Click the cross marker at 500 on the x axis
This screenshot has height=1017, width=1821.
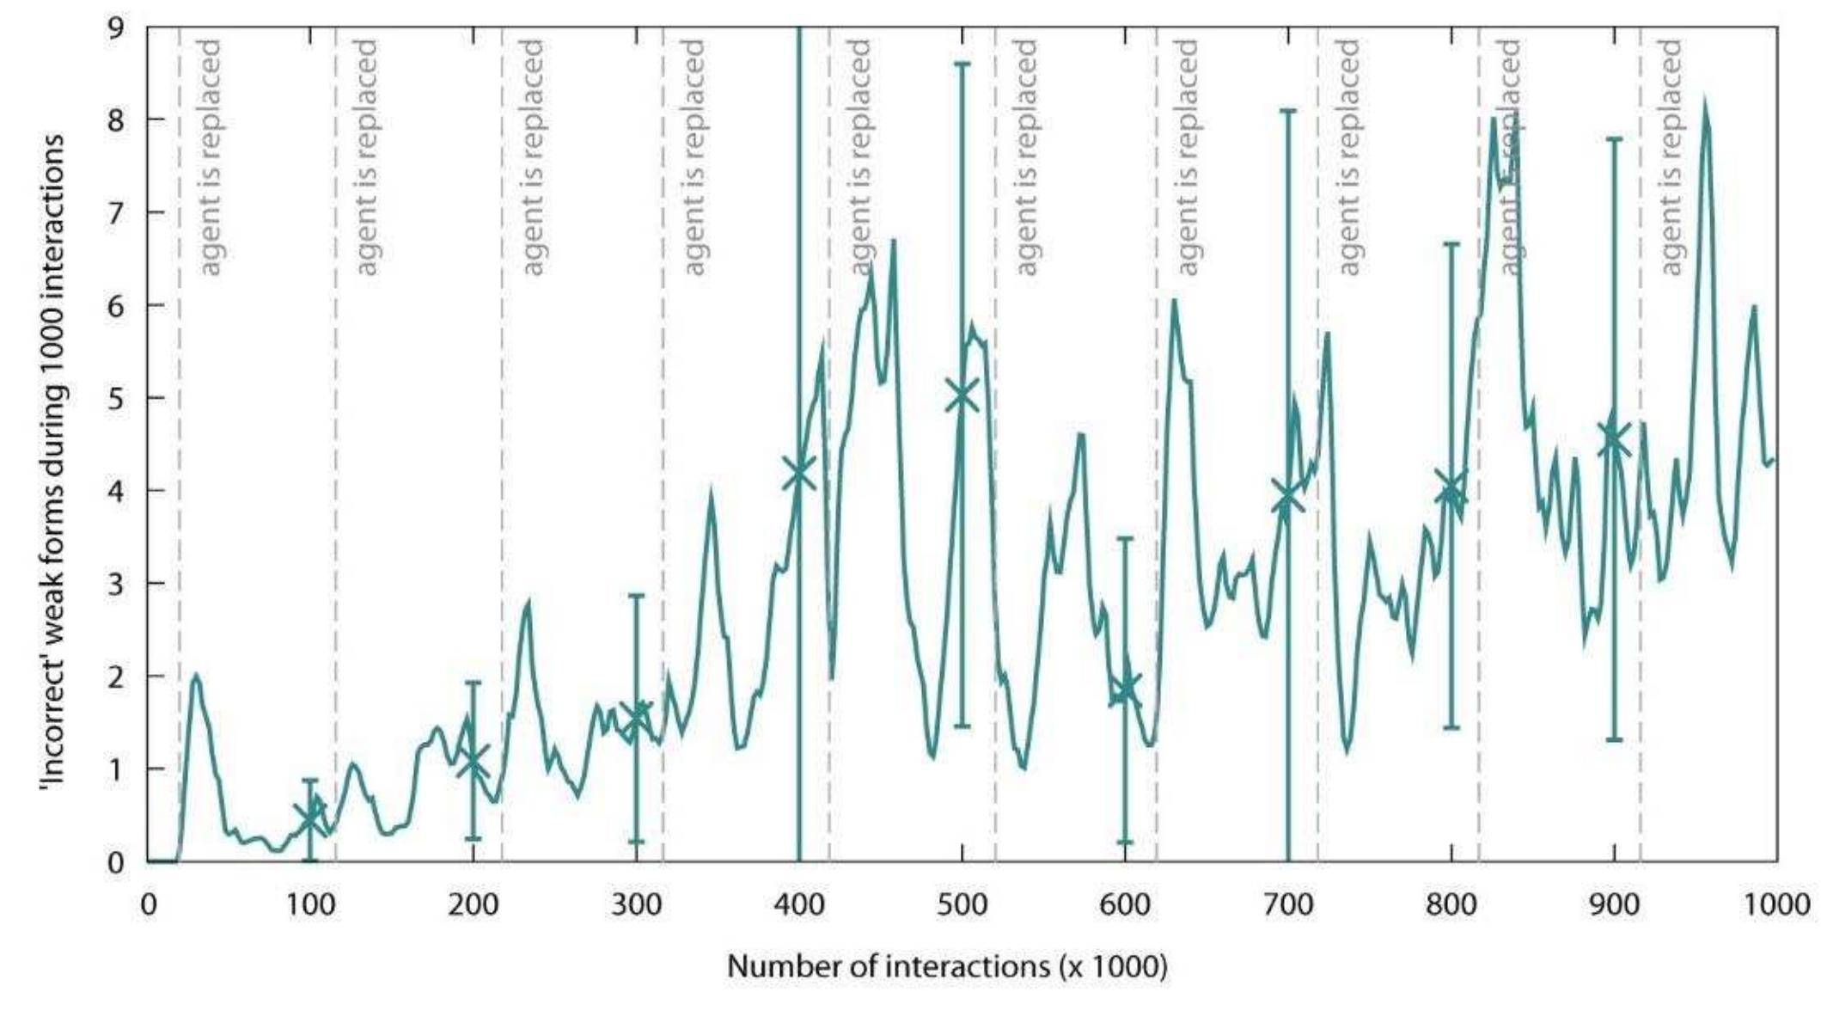[962, 396]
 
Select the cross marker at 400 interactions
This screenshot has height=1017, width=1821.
[799, 473]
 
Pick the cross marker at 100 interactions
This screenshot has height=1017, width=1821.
[310, 819]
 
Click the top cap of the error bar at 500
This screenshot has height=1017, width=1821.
[962, 64]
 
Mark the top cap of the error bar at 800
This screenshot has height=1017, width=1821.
[1451, 244]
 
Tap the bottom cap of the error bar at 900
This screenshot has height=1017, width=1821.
[1614, 739]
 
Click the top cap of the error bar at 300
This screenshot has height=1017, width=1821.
[636, 595]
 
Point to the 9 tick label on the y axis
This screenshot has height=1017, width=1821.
[115, 28]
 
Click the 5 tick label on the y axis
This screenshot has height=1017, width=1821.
[115, 398]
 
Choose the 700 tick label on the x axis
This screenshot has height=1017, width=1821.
[1287, 904]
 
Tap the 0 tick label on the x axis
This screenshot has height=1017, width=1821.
[148, 904]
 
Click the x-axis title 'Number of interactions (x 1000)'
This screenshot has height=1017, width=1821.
[947, 966]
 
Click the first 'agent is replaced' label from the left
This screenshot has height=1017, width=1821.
[210, 157]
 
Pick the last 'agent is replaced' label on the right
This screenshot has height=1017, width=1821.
[1671, 157]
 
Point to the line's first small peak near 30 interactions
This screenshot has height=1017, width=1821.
[196, 675]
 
